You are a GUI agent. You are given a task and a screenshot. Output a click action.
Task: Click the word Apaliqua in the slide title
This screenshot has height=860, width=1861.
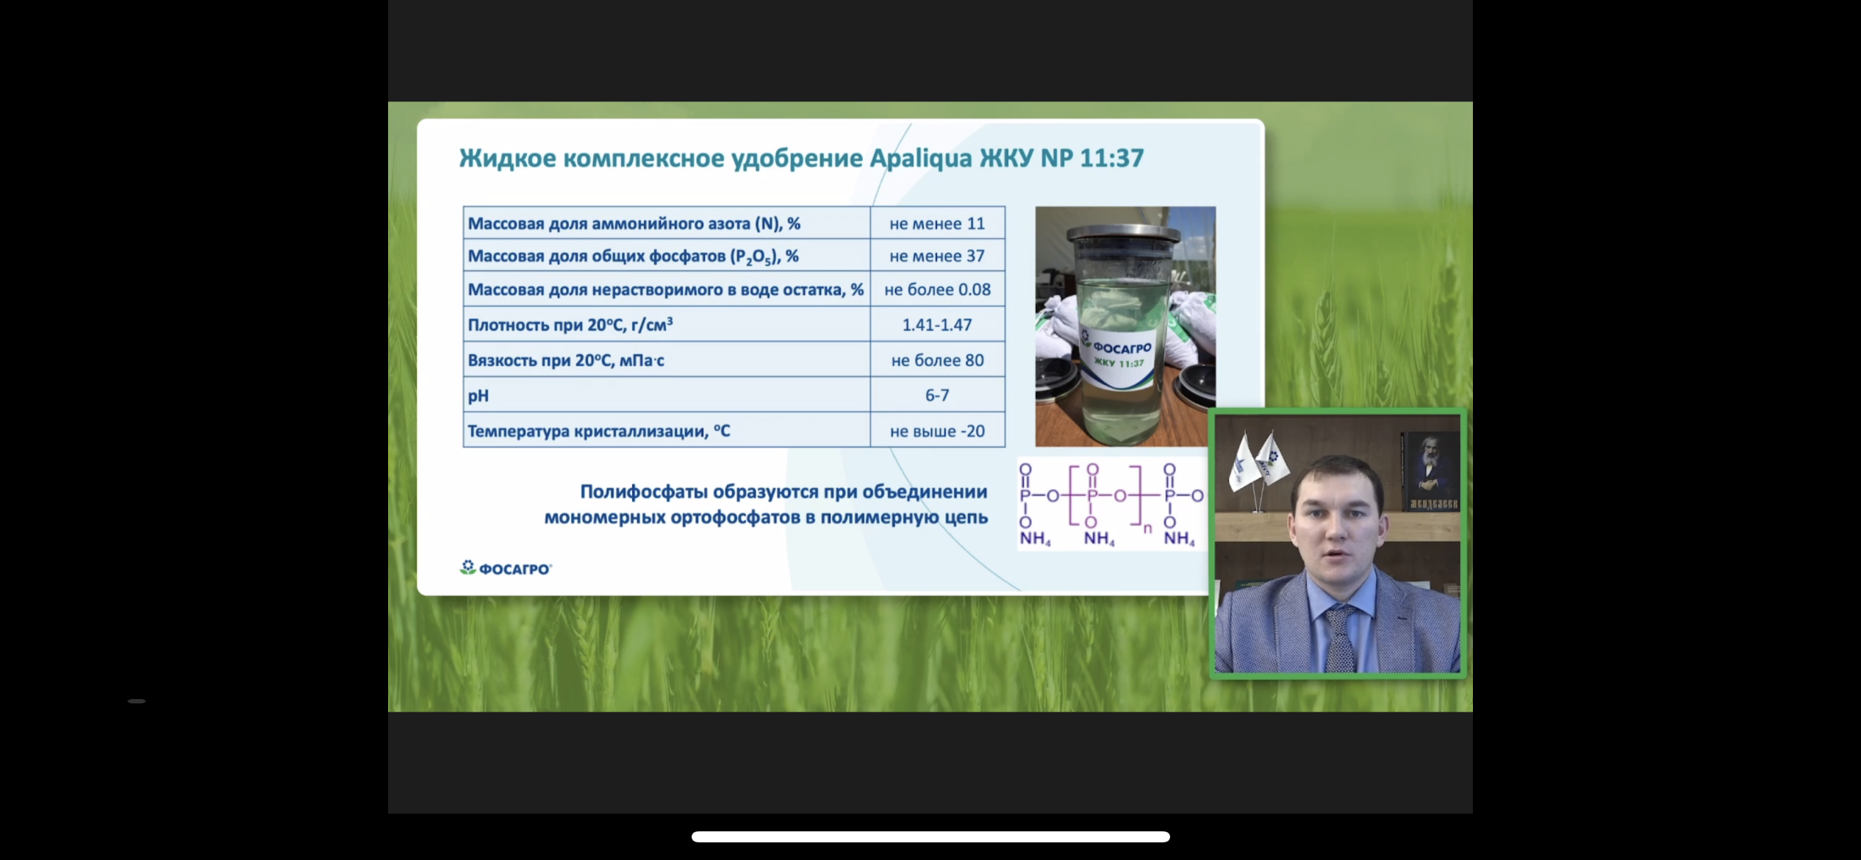921,159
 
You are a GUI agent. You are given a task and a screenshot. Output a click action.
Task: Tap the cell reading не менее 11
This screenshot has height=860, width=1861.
937,223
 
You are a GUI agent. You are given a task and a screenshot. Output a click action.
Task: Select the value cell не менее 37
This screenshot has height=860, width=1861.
937,256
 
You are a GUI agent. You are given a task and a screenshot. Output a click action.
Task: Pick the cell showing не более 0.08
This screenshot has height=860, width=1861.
937,290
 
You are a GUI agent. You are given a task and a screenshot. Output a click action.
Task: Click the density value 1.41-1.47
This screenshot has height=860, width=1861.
937,325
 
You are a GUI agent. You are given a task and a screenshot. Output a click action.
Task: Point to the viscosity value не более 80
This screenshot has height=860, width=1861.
937,360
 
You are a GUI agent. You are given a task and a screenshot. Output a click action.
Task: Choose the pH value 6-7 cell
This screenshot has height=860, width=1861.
937,395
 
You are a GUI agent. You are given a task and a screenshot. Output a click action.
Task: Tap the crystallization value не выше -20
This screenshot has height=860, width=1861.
937,431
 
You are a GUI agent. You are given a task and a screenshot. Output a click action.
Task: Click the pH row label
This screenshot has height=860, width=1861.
478,396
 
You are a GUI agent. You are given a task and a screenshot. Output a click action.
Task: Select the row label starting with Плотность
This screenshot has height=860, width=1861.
570,325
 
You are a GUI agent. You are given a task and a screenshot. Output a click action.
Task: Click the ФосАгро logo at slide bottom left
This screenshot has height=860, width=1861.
506,568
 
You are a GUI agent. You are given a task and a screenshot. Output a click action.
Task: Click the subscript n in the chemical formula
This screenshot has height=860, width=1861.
1147,528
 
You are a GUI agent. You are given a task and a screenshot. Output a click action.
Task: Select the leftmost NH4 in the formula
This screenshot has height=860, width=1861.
1035,539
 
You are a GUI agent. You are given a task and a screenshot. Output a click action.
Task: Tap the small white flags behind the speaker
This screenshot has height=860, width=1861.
1258,461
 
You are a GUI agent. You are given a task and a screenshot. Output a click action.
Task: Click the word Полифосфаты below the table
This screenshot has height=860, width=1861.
645,492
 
